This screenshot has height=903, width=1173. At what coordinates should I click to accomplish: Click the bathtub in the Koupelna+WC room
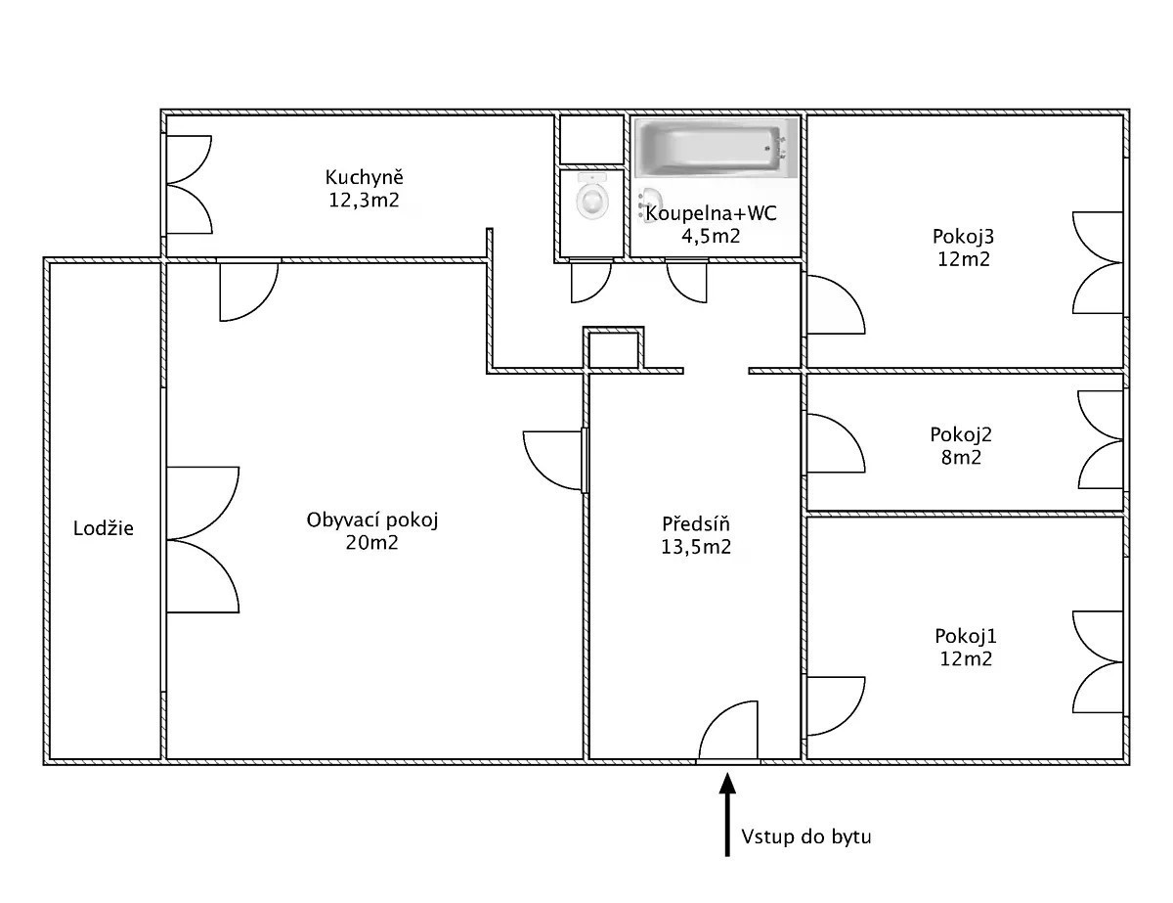pyautogui.click(x=716, y=148)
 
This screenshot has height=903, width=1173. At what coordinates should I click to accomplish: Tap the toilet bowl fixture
pyautogui.click(x=592, y=196)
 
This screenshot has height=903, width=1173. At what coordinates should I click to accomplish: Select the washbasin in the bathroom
pyautogui.click(x=649, y=204)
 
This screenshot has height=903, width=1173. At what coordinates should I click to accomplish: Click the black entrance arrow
pyautogui.click(x=727, y=814)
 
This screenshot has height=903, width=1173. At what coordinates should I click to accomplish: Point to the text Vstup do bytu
pyautogui.click(x=805, y=837)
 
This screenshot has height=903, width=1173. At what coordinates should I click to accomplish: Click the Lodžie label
pyautogui.click(x=103, y=528)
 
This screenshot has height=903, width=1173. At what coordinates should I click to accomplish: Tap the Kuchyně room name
pyautogui.click(x=365, y=177)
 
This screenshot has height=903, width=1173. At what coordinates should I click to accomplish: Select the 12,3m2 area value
pyautogui.click(x=365, y=201)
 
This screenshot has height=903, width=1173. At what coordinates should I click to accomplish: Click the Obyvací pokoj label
pyautogui.click(x=372, y=520)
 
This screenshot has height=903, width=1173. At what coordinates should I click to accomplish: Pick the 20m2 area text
pyautogui.click(x=371, y=543)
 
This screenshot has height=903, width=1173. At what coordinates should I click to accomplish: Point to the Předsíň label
pyautogui.click(x=696, y=523)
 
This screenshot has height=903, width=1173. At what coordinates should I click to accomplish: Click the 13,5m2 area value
pyautogui.click(x=696, y=547)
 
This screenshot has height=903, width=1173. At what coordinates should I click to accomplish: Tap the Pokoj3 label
pyautogui.click(x=964, y=237)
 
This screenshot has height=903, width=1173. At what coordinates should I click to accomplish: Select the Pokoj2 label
pyautogui.click(x=961, y=434)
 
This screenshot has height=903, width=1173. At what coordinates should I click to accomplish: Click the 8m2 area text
pyautogui.click(x=961, y=458)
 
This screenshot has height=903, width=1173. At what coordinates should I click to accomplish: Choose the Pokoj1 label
pyautogui.click(x=966, y=636)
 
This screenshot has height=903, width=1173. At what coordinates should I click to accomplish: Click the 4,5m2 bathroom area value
pyautogui.click(x=711, y=237)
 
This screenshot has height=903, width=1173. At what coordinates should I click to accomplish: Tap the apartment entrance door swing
pyautogui.click(x=728, y=730)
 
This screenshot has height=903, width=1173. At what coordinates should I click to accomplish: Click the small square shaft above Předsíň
pyautogui.click(x=613, y=350)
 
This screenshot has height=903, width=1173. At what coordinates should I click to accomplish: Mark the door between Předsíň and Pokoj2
pyautogui.click(x=836, y=444)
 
